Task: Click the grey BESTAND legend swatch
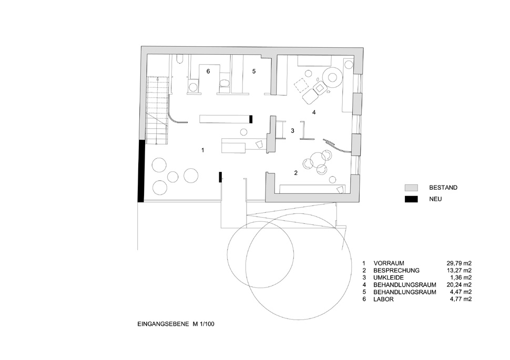pos(411,188)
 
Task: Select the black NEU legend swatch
pos(411,199)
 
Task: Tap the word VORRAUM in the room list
pos(389,263)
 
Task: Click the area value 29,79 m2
pos(458,263)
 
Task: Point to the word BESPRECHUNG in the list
pos(396,271)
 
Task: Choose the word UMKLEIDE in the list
pos(389,277)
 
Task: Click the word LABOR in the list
pos(383,299)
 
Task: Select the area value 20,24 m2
pos(458,285)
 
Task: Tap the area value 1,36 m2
pos(461,277)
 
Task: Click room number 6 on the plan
pos(208,71)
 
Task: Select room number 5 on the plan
pos(254,71)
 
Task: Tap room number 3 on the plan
pos(292,131)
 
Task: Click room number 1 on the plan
pos(202,150)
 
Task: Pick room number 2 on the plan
pos(295,173)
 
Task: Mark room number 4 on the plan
pos(313,112)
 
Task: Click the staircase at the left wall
pos(157,110)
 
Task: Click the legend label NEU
pos(435,199)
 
